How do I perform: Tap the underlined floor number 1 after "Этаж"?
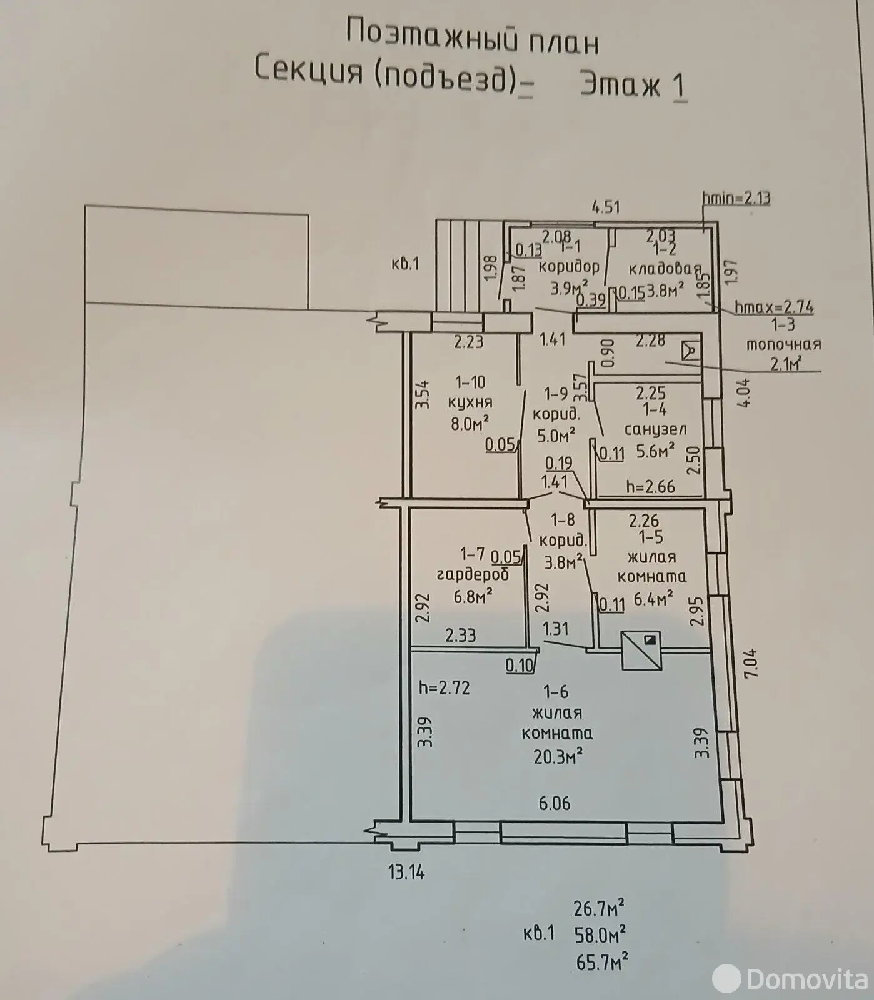(x=679, y=85)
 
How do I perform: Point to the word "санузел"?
(x=656, y=429)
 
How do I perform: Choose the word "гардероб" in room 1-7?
(x=473, y=574)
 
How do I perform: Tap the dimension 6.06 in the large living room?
(x=555, y=802)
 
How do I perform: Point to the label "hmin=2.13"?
(x=736, y=199)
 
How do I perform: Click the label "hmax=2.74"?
(x=774, y=307)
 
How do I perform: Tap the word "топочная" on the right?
(x=783, y=344)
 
